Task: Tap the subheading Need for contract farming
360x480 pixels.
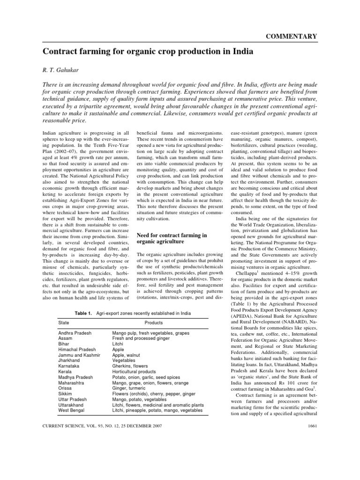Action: (x=171, y=235)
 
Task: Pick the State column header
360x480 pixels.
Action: (x=63, y=323)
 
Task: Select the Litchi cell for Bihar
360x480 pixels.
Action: (x=118, y=343)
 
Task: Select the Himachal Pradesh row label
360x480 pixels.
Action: (x=78, y=348)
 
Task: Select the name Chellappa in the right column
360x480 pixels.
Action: (x=247, y=272)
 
